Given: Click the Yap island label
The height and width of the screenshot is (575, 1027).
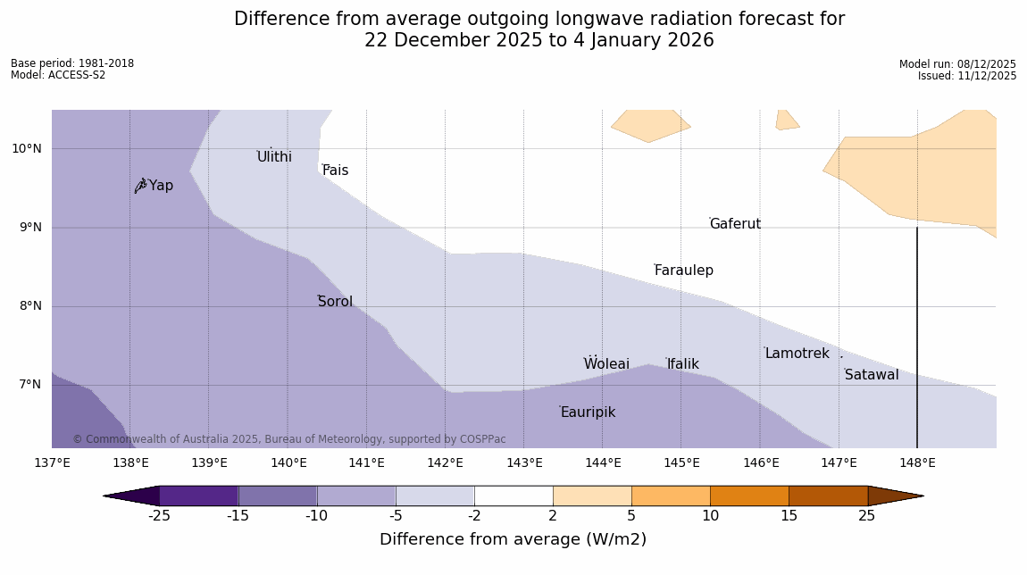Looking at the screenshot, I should pos(161,186).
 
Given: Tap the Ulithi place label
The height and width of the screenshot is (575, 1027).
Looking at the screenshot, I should pos(274,157).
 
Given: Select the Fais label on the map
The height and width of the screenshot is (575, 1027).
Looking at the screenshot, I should pos(336,171).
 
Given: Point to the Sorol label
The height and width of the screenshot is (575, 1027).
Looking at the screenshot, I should pos(335,302).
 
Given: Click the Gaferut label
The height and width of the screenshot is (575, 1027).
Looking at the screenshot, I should pos(735,224).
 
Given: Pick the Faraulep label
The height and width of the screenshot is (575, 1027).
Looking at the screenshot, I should pos(683,271).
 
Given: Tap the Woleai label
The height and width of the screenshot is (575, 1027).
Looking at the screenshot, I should pos(606,364).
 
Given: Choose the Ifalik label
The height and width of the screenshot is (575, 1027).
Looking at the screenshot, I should pos(682,364).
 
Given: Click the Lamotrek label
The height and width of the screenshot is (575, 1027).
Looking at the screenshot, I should pos(797,354).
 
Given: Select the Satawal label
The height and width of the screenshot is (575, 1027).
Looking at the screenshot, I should pos(872,375).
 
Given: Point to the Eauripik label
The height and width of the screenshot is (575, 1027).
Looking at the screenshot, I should pos(588,412).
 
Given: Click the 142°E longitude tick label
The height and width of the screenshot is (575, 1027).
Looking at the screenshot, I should pos(445,462).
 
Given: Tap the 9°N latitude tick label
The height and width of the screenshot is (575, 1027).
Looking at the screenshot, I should pos(27,228).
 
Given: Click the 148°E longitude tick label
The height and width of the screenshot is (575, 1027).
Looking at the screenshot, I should pos(917,462).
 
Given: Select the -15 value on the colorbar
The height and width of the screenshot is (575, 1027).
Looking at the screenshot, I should pos(238,516).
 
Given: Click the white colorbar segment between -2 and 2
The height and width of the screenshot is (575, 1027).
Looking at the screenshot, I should pos(513,496).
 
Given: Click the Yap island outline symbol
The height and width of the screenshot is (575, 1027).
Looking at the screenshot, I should pos(140,186).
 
